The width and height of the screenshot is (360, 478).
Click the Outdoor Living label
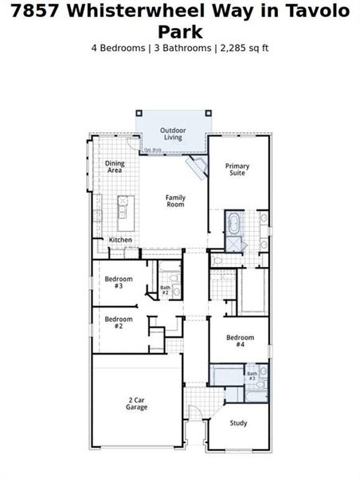click(172, 134)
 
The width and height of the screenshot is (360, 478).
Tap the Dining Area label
click(115, 167)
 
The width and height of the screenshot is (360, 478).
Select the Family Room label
click(175, 201)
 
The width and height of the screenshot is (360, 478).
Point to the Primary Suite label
click(237, 169)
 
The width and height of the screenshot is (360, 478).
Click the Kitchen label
click(120, 240)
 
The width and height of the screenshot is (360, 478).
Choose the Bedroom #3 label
click(118, 282)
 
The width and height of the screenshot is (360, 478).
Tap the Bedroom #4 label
click(239, 341)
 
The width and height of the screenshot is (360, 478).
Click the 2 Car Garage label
click(136, 403)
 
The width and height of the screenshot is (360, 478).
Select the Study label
click(239, 423)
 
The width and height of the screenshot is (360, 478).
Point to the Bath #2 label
click(165, 290)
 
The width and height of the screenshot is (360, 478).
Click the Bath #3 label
click(252, 375)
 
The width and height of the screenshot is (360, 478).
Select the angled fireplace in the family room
click(195, 168)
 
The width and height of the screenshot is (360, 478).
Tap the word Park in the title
click(179, 32)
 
